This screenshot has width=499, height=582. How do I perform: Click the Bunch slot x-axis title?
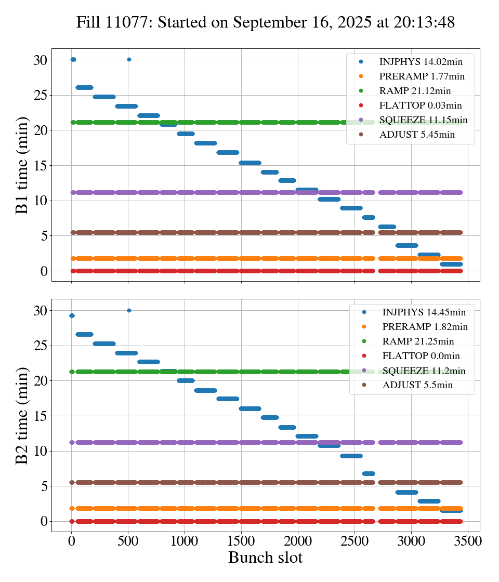coord(265,558)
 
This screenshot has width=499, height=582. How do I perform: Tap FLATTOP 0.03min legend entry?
coord(421,105)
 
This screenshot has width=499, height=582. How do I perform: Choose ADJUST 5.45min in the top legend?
coord(417,135)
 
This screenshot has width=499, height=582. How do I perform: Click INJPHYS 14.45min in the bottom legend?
coord(424,312)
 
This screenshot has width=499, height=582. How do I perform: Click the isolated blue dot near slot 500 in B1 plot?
coord(129,59)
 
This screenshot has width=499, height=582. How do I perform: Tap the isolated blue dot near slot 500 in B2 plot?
coord(129,310)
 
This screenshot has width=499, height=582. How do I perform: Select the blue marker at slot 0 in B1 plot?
coord(73,59)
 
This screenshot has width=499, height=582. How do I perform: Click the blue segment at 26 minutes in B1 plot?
coord(84,87)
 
